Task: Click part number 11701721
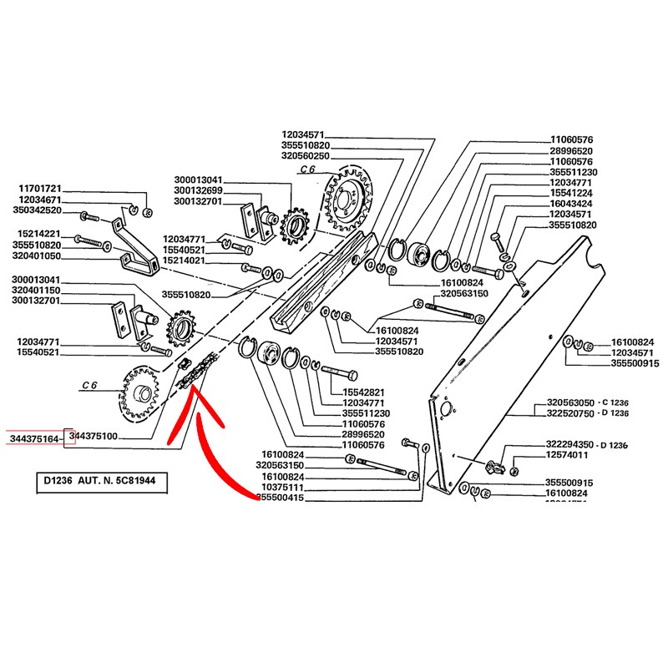[41, 190]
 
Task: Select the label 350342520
[41, 211]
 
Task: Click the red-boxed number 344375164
[34, 438]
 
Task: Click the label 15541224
[571, 193]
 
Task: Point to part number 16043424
[571, 204]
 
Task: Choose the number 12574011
[567, 456]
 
